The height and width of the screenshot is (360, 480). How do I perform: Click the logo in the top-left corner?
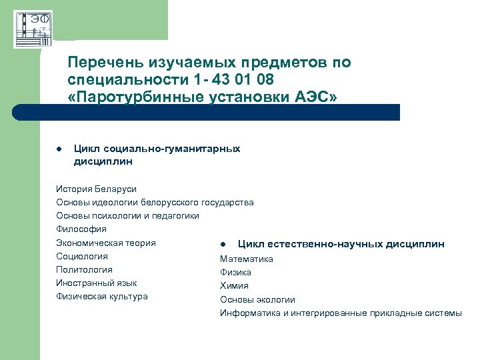33,29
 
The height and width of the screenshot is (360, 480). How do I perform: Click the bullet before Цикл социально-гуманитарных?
59,149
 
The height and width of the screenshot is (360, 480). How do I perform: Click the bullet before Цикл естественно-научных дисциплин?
224,245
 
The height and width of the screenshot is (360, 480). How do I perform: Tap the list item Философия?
81,229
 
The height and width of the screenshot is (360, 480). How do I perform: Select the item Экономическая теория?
106,243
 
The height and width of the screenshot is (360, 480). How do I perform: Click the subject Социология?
82,256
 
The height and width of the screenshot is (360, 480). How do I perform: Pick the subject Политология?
84,269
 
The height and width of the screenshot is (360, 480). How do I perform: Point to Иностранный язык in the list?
97,283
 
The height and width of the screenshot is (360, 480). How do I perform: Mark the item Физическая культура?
102,296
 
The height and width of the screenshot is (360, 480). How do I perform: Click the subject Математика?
247,259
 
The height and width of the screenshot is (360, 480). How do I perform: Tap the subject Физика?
236,272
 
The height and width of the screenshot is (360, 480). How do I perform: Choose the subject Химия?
234,285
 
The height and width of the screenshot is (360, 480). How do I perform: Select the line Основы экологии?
257,299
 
